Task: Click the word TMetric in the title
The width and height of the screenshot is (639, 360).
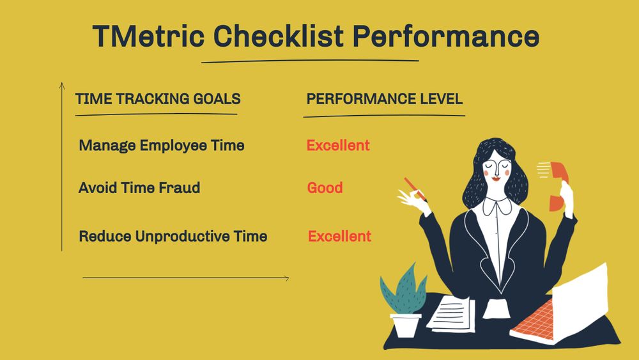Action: (x=148, y=36)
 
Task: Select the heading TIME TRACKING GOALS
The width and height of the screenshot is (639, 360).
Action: (x=158, y=99)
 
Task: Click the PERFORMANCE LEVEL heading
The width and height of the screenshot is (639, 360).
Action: (x=385, y=99)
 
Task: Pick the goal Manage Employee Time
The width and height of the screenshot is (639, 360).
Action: (x=162, y=145)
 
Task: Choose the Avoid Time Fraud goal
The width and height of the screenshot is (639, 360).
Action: (x=139, y=187)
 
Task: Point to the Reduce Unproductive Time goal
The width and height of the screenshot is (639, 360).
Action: (x=173, y=236)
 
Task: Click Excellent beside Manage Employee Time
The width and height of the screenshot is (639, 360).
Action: (x=338, y=145)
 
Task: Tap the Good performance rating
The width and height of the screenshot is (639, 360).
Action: (x=325, y=187)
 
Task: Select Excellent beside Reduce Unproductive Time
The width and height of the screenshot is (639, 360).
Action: (x=339, y=236)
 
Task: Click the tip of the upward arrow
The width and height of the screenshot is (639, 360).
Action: (x=62, y=84)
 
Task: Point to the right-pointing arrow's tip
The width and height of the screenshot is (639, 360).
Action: (x=288, y=278)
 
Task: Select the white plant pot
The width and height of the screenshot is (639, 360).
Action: (x=405, y=323)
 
